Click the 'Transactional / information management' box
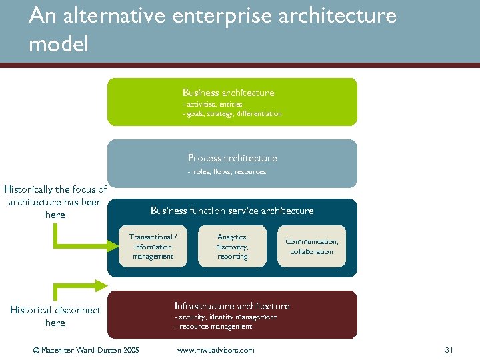(153, 247)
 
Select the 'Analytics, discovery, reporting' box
(232, 247)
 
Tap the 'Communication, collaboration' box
(311, 247)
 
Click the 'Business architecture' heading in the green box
(228, 93)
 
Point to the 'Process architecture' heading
(232, 158)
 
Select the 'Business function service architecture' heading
(231, 211)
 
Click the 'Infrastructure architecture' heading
(232, 306)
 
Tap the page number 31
(449, 350)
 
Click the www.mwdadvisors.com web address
(215, 350)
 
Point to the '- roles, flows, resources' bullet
(227, 172)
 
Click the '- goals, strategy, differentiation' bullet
(232, 114)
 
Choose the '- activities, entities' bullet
(212, 105)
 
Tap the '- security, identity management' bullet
(225, 317)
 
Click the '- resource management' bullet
(213, 327)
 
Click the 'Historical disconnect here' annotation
(55, 316)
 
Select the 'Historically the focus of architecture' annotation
(55, 202)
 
